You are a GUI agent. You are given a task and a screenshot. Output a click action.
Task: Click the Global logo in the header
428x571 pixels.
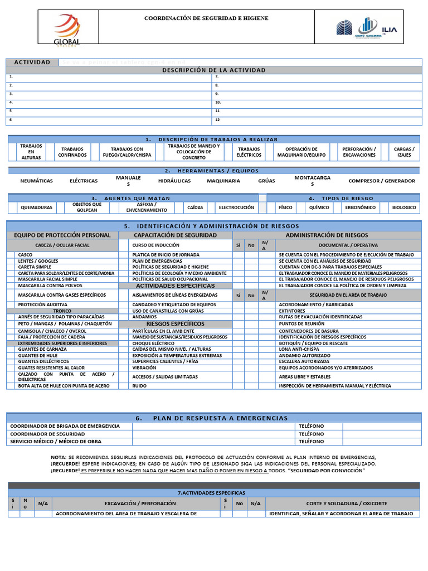pyautogui.click(x=67, y=28)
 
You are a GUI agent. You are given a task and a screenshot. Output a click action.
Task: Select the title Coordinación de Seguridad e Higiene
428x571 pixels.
pyautogui.click(x=206, y=18)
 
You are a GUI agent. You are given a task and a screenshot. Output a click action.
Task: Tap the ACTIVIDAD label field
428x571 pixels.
pyautogui.click(x=32, y=62)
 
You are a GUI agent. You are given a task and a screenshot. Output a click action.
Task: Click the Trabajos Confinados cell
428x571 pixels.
pyautogui.click(x=72, y=152)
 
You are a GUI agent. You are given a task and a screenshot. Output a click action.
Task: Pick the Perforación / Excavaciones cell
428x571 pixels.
pyautogui.click(x=359, y=152)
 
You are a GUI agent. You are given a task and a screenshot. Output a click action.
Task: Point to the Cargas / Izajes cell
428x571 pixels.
pyautogui.click(x=404, y=152)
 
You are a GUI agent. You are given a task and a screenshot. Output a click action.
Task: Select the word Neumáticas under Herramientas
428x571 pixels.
pyautogui.click(x=37, y=181)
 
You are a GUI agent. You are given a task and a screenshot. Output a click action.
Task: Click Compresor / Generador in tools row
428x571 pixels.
pyautogui.click(x=381, y=181)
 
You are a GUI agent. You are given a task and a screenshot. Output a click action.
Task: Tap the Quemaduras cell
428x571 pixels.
pyautogui.click(x=36, y=207)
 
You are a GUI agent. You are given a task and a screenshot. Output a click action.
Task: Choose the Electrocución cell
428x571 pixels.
pyautogui.click(x=236, y=207)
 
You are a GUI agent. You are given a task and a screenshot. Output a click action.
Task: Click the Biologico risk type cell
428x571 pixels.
pyautogui.click(x=403, y=207)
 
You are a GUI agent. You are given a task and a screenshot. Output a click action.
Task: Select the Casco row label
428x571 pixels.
pyautogui.click(x=26, y=254)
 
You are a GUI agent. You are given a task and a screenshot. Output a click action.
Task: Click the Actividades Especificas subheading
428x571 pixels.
pyautogui.click(x=175, y=285)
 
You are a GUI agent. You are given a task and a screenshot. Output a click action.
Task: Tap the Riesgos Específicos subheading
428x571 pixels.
pyautogui.click(x=175, y=323)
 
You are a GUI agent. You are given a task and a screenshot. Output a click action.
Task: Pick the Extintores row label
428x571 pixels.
pyautogui.click(x=292, y=311)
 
